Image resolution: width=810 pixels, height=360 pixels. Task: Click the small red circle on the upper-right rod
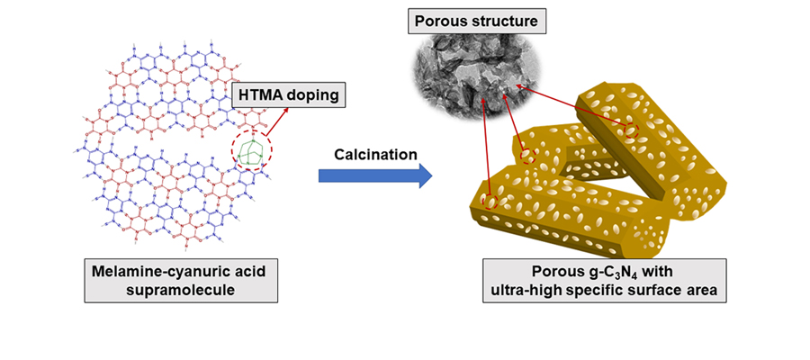(x=632, y=130)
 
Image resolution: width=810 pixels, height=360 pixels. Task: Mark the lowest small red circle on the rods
(x=490, y=202)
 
